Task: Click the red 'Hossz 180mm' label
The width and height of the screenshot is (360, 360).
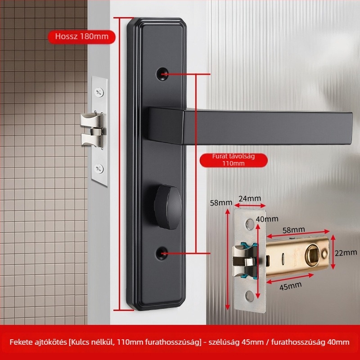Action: click(x=81, y=36)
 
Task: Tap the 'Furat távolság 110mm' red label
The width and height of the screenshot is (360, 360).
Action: click(x=234, y=160)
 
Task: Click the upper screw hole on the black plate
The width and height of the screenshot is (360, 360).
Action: click(x=162, y=74)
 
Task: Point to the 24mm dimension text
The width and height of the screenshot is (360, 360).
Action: click(x=250, y=198)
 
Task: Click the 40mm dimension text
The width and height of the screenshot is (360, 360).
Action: click(x=267, y=219)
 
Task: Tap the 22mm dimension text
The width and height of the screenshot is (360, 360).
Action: click(x=346, y=253)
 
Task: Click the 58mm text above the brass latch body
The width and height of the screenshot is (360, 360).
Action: click(x=294, y=230)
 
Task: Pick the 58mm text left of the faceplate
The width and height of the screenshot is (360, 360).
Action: click(x=221, y=203)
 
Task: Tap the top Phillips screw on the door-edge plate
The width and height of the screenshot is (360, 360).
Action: click(x=99, y=92)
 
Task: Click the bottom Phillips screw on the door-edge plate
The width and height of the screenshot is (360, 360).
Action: click(x=99, y=169)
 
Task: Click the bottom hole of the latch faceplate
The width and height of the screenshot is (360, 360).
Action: click(x=250, y=296)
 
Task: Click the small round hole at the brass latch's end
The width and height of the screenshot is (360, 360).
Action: click(x=324, y=254)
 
